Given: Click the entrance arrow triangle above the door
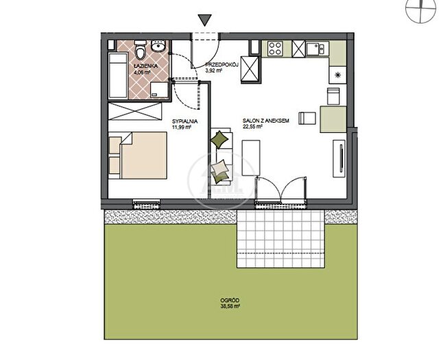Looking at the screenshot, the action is point(204,21).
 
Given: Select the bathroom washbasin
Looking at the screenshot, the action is point(159,46).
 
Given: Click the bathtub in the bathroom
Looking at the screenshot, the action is point(118,75).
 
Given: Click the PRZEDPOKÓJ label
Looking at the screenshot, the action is point(222,64).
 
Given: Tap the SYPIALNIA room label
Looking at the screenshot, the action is point(184,121).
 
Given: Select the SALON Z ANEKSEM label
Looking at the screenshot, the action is point(266,121).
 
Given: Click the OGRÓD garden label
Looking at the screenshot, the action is point(230,300).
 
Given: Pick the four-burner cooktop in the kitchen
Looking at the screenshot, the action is point(276,48).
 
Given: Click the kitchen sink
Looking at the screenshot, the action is point(317,49).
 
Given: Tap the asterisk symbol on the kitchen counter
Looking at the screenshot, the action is point(337,75).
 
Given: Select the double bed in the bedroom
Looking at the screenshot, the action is point(138,155).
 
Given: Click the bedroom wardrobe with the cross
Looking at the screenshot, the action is point(135,111).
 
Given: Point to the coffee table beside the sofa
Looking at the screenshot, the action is point(251,158).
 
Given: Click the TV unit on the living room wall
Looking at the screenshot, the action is point(339,158).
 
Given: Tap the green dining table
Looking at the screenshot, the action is point(333,119).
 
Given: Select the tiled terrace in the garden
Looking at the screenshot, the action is point(280,239).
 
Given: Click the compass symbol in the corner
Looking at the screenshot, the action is point(420,10).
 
